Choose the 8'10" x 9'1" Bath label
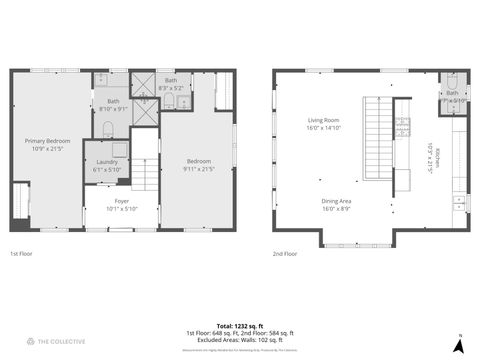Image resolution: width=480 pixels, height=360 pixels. point(113,104)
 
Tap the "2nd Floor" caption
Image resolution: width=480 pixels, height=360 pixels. point(285,254)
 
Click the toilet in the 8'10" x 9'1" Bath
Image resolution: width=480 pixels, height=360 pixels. point(108,128)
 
